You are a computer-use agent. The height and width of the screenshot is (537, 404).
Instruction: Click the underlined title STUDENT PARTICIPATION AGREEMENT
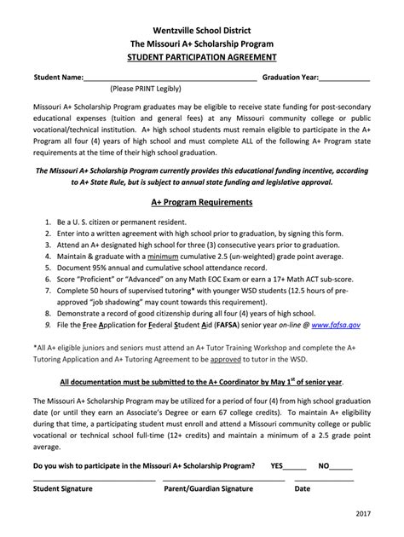click(202, 56)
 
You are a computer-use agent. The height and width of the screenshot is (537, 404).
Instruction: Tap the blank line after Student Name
click(170, 78)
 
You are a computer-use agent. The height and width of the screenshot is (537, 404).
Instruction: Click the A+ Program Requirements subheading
click(202, 203)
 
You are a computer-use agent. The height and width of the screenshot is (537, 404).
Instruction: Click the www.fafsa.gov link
click(336, 325)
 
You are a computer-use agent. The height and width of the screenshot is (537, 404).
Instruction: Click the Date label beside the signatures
click(303, 489)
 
